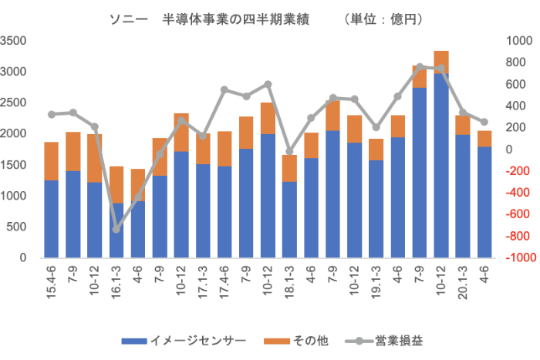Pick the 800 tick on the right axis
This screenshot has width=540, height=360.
click(x=515, y=41)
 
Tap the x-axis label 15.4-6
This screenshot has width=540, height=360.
click(x=52, y=283)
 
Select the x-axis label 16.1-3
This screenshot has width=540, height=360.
click(x=116, y=283)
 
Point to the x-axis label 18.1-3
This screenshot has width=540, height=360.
click(x=289, y=283)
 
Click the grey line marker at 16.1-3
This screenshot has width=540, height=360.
click(x=116, y=229)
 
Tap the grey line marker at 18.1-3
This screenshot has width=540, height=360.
click(x=289, y=153)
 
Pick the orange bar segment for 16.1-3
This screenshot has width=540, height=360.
click(x=116, y=185)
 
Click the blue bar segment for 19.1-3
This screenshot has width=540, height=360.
click(x=376, y=208)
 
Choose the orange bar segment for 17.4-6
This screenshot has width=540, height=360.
click(x=224, y=149)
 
